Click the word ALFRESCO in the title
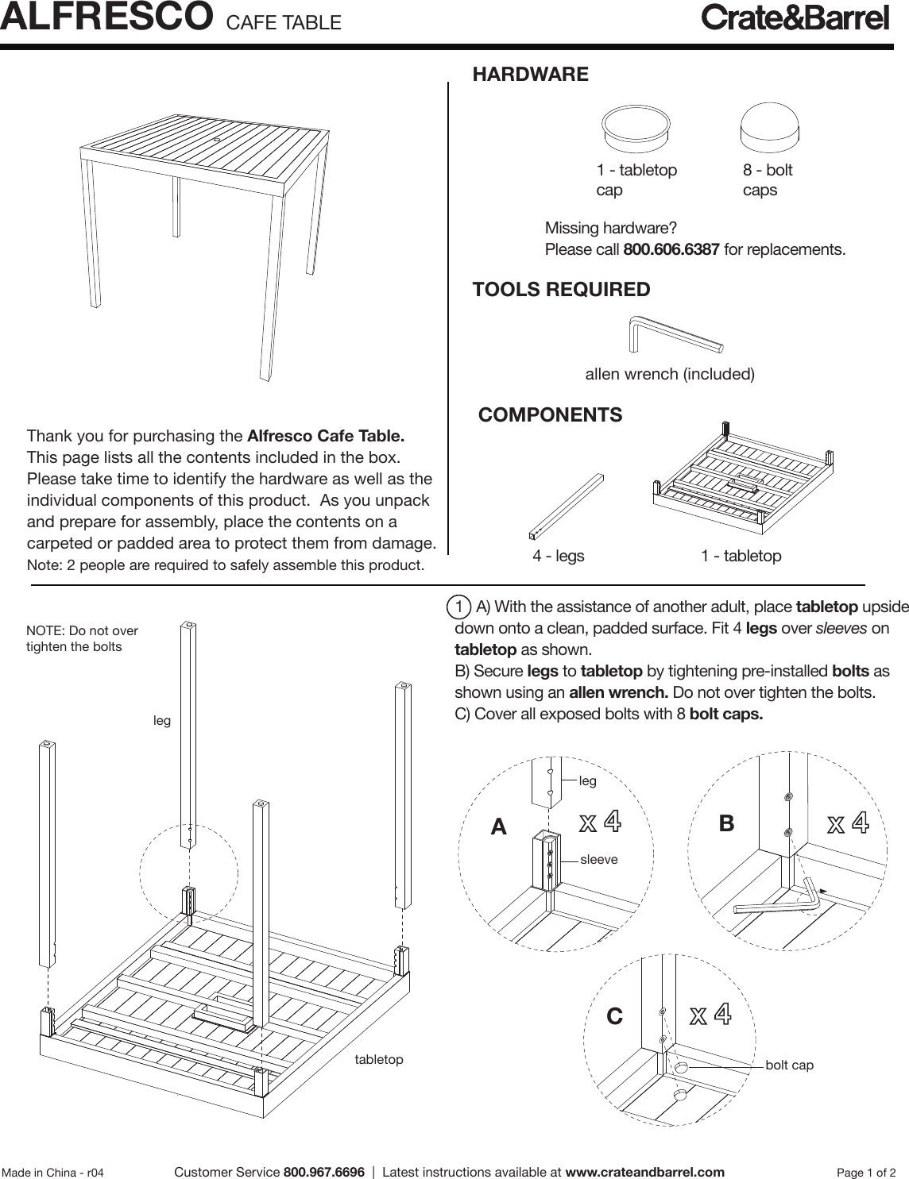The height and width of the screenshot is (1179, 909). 106,17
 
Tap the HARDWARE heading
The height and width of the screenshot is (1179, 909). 530,75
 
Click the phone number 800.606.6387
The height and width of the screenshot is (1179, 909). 671,250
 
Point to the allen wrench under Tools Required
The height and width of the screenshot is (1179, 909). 675,334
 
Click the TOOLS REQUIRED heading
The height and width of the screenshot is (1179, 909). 561,290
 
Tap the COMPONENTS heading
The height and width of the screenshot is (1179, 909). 550,415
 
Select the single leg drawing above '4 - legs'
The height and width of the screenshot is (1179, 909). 565,506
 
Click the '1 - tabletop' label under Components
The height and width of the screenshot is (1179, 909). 741,557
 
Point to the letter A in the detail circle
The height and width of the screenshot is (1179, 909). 498,827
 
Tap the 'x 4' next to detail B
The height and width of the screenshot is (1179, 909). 848,823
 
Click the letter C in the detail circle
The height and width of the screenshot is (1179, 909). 614,1016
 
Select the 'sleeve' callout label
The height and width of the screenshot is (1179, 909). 599,859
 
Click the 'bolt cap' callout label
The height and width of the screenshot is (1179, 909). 789,1065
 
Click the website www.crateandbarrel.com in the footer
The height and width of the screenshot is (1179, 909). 644,1172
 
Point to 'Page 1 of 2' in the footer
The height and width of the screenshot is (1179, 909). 867,1173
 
